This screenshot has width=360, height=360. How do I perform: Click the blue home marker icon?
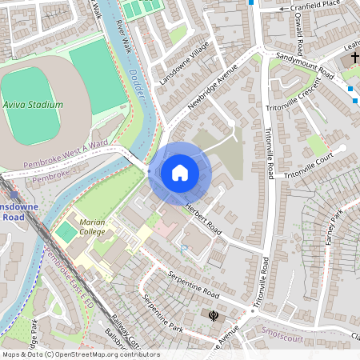pos(180,173)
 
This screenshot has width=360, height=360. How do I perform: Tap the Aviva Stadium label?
pos(33,105)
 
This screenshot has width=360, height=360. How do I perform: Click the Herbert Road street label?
pos(203,217)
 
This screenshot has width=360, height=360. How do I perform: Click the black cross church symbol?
pos(355,60)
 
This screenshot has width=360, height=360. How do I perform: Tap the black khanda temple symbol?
pos(213,316)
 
